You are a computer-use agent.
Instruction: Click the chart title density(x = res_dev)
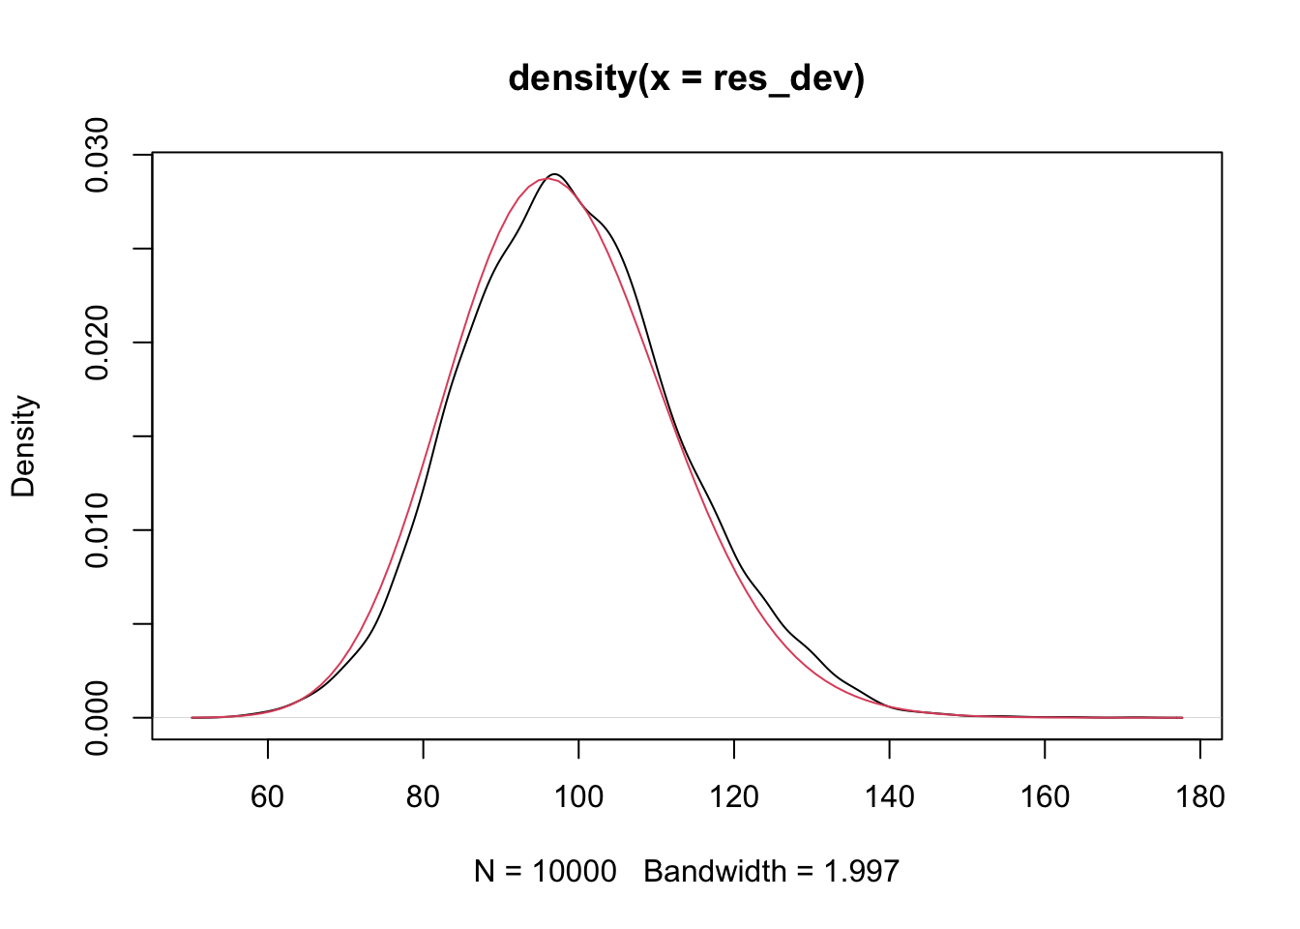(x=686, y=77)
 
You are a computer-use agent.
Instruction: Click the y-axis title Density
(x=23, y=445)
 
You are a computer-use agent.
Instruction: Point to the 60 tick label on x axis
(x=268, y=796)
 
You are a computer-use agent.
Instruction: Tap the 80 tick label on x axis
(x=423, y=796)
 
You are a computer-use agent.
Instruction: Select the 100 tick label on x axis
(x=578, y=796)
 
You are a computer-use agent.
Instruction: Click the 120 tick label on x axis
(x=734, y=796)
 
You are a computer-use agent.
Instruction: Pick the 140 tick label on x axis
(x=889, y=796)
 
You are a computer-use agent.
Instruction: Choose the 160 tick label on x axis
(x=1045, y=796)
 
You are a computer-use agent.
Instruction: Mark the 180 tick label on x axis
(x=1199, y=796)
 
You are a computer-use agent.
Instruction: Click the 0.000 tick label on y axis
(x=98, y=717)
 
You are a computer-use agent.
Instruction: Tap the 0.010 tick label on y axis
(x=98, y=530)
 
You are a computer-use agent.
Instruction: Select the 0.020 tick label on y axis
(x=98, y=343)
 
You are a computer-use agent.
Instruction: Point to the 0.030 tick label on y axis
(x=98, y=155)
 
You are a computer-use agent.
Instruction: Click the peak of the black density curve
(x=554, y=174)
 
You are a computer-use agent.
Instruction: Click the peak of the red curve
(x=542, y=178)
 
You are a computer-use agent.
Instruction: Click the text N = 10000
(x=545, y=872)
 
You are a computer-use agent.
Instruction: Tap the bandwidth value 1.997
(x=861, y=872)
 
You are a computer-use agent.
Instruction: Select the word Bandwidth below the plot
(x=715, y=872)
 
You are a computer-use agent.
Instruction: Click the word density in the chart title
(x=570, y=77)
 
